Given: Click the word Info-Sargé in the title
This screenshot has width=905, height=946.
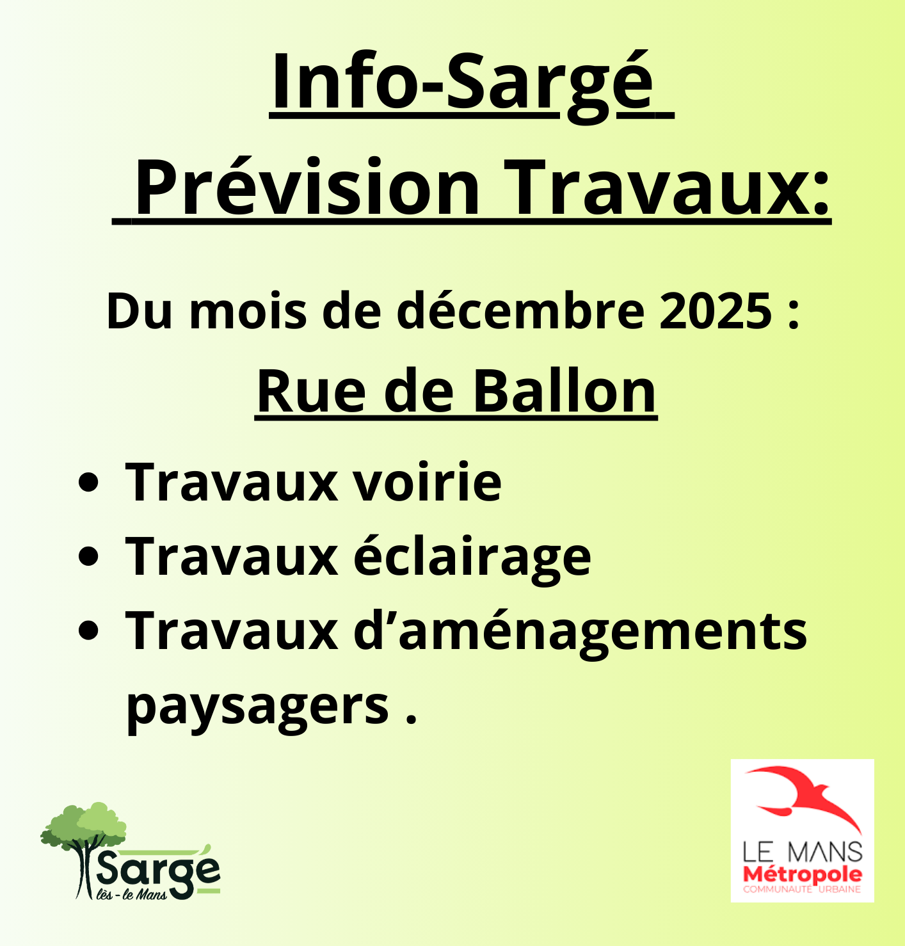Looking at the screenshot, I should [462, 84].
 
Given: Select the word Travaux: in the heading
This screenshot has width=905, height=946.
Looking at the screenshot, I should [666, 188].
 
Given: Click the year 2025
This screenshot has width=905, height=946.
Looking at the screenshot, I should [716, 312].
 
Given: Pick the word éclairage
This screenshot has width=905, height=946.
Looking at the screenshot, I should [472, 557].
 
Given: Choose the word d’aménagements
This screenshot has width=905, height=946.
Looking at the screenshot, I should [580, 631].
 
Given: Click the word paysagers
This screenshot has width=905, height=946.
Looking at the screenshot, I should [257, 705].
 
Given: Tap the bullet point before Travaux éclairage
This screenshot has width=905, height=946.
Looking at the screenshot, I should [88, 556].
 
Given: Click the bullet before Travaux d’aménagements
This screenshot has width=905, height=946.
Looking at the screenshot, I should [88, 630].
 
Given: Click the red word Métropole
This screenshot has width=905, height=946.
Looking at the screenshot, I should [802, 874].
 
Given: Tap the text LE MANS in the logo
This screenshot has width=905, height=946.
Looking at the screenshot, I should [802, 852].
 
